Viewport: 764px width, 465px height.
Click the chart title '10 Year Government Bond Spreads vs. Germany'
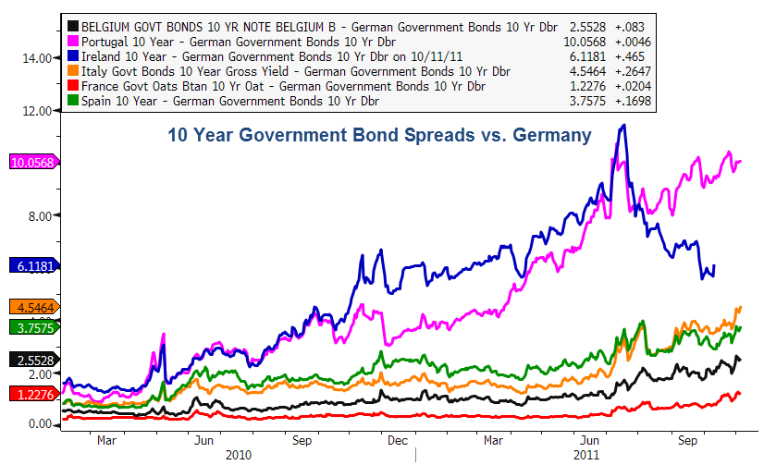(x=378, y=136)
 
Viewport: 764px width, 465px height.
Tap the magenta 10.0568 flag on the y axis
(x=32, y=163)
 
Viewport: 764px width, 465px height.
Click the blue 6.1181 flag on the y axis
(x=32, y=265)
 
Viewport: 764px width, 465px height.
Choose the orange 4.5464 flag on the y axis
(x=32, y=307)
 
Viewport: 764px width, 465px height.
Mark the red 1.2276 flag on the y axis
(x=32, y=394)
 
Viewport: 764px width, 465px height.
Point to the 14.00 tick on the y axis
(x=37, y=58)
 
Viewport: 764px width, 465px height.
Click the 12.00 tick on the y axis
(x=37, y=111)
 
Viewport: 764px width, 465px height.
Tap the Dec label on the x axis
(x=398, y=441)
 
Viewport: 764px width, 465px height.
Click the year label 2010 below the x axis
(x=240, y=455)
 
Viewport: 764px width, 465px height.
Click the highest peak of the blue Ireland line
(x=624, y=125)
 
